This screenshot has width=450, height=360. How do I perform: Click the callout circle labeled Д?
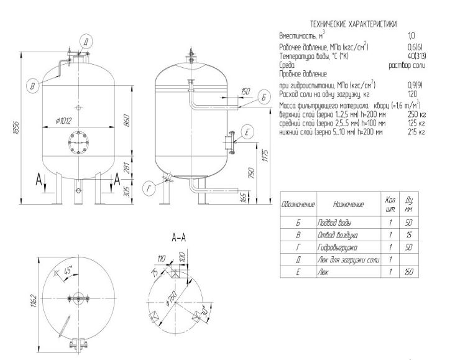tap(86, 42)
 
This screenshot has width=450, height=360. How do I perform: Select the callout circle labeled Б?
tap(264, 98)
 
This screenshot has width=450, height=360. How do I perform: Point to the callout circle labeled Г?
tap(149, 189)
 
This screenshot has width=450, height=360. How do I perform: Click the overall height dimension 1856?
tap(16, 128)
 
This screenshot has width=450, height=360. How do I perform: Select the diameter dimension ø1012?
tap(64, 121)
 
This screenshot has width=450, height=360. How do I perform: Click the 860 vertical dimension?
tap(127, 121)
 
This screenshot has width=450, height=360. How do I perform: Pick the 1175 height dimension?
tap(265, 155)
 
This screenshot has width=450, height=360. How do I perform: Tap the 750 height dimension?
tap(251, 173)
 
